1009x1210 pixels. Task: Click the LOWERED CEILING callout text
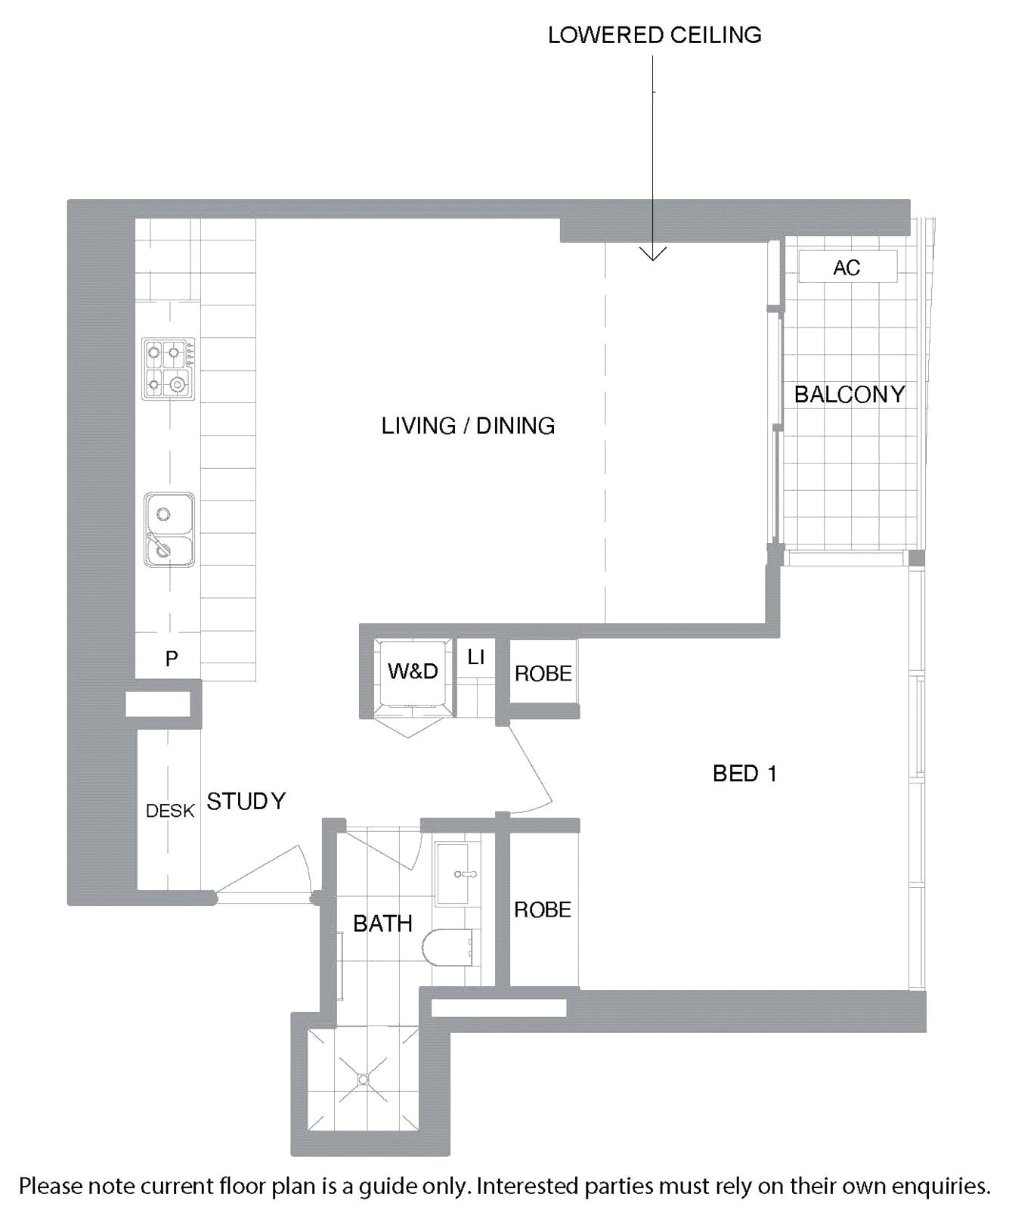(x=655, y=35)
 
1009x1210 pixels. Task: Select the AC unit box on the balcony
(x=848, y=267)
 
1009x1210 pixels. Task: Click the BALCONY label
(x=850, y=394)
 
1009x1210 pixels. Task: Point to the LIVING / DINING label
(x=468, y=426)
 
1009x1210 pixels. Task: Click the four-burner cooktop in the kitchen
(x=169, y=369)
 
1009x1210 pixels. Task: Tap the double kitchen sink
(x=169, y=529)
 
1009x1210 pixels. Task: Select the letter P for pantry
(x=172, y=659)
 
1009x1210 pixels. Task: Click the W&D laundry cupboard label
(x=413, y=671)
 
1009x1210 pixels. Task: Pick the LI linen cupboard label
(x=475, y=657)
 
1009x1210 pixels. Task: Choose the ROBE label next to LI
(x=543, y=674)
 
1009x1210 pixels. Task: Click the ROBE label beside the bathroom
(x=543, y=910)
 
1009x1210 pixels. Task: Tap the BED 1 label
(x=744, y=773)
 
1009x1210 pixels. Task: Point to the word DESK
(x=171, y=811)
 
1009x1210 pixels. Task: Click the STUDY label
(x=246, y=801)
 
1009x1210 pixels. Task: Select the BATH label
(x=383, y=923)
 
